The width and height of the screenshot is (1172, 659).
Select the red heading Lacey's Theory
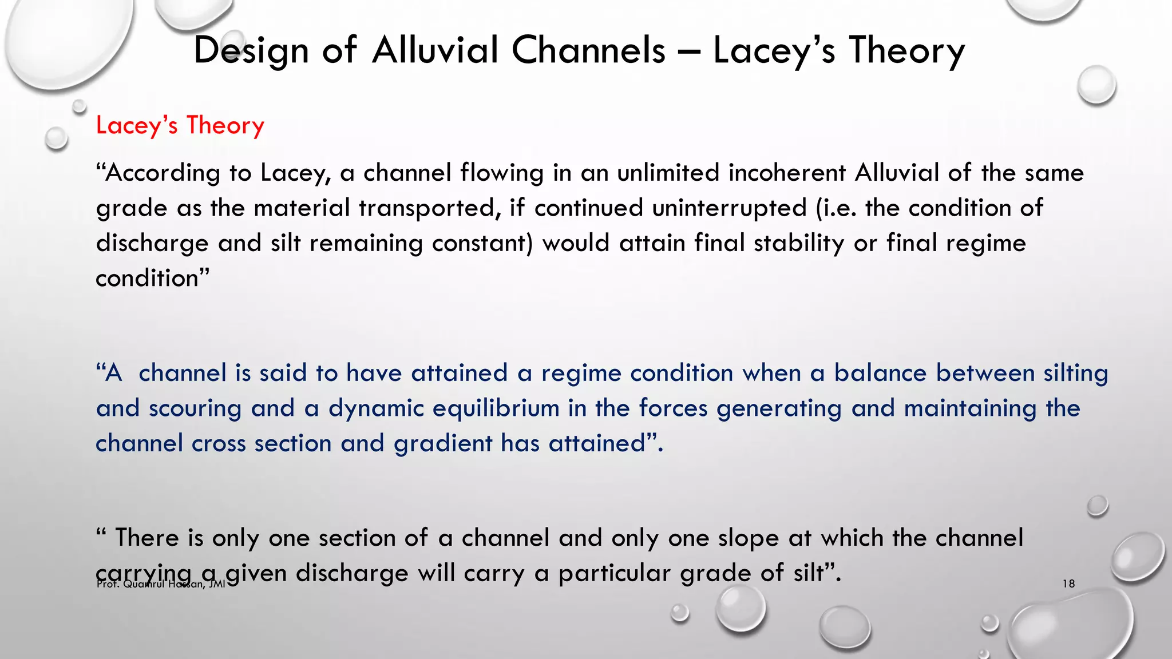[180, 125]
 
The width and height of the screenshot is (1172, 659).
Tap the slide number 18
[1068, 584]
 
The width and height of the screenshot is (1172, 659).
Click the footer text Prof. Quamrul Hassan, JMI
[161, 585]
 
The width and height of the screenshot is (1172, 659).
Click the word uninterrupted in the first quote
[729, 208]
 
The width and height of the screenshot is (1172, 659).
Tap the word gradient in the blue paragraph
[443, 444]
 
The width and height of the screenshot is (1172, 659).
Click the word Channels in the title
[588, 50]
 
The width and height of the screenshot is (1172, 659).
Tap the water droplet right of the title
[1096, 85]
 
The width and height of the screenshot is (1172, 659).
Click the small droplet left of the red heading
[56, 138]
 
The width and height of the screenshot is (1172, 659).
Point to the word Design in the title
[251, 50]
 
